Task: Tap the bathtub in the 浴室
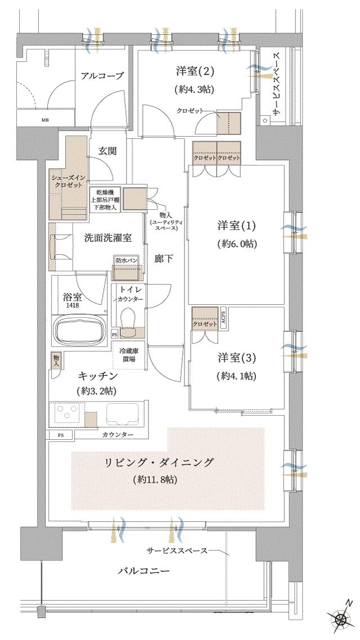coord(79,329)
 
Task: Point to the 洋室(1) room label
coord(237,226)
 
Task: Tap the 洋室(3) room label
coord(237,358)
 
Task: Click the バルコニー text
coord(143,571)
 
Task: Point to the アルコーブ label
coord(101,76)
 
